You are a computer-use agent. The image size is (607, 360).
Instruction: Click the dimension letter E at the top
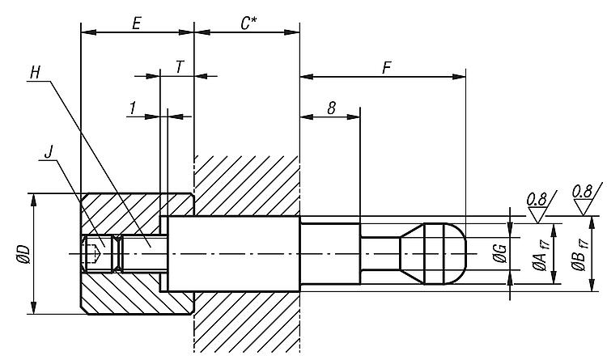(x=137, y=23)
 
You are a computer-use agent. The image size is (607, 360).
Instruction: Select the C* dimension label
(x=248, y=23)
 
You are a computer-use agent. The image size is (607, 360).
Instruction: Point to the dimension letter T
(x=179, y=67)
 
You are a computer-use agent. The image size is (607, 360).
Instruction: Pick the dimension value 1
(x=132, y=107)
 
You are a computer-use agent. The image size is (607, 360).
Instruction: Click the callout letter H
(x=34, y=72)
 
